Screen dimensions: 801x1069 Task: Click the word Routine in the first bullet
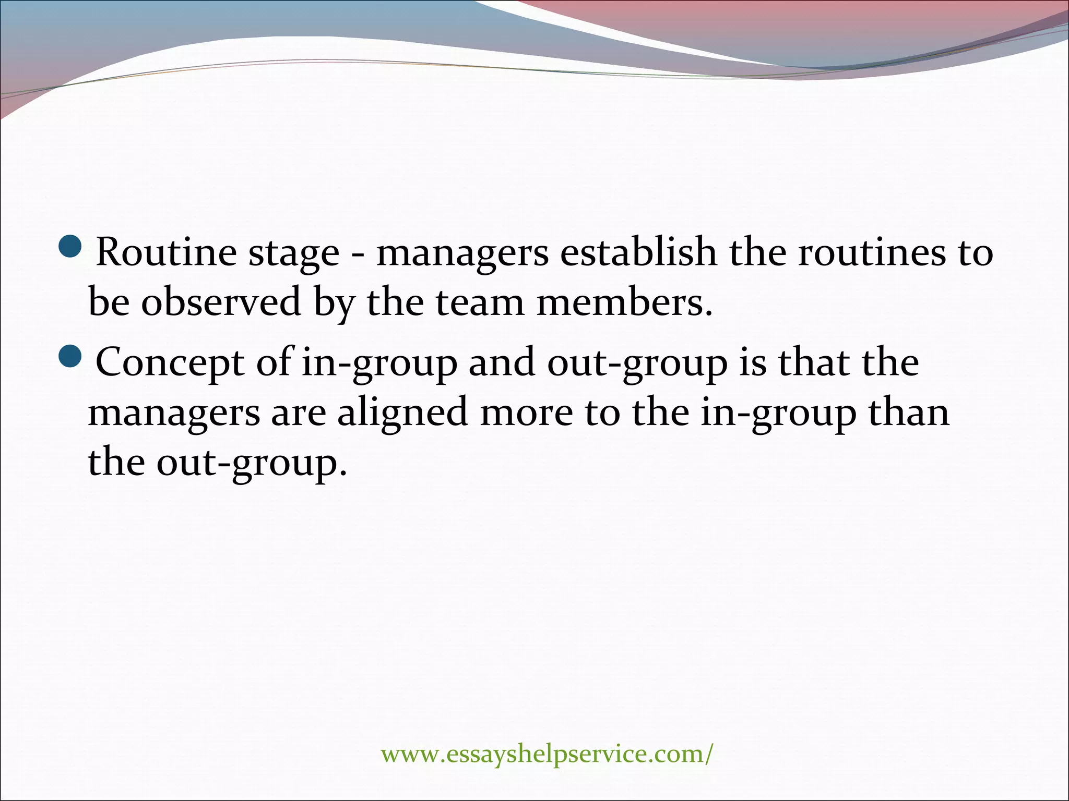167,252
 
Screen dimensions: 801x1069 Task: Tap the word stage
294,253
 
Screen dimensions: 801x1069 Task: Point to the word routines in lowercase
872,252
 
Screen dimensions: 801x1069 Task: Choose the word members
624,302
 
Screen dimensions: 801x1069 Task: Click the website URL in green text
546,754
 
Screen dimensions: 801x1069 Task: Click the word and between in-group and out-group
502,362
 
